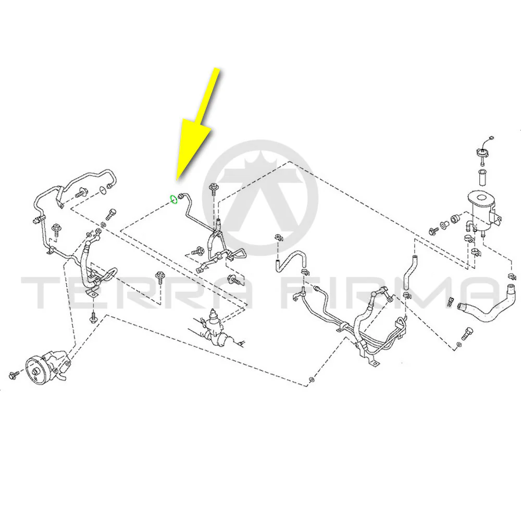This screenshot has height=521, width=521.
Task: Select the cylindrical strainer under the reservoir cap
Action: [x=482, y=177]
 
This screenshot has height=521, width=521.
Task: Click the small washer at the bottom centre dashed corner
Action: [x=311, y=379]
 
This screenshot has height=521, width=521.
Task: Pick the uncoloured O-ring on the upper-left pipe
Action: [x=103, y=190]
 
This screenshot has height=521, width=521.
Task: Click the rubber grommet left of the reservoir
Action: [x=454, y=219]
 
